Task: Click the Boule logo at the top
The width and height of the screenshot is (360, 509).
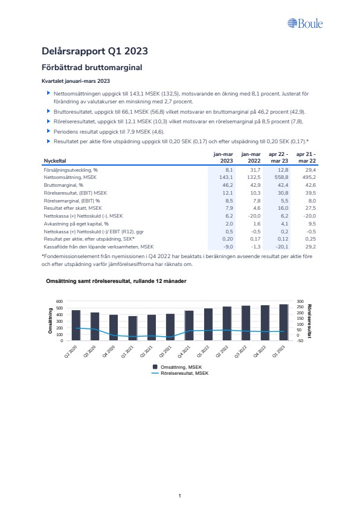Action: click(x=305, y=24)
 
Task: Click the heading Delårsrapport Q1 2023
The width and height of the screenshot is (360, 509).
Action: click(x=95, y=51)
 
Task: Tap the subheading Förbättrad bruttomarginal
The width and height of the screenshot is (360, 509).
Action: click(x=92, y=68)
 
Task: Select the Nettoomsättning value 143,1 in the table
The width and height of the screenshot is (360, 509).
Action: click(x=226, y=177)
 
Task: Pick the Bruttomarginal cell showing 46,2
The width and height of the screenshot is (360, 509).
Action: click(x=227, y=185)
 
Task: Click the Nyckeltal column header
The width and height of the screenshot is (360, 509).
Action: click(x=55, y=161)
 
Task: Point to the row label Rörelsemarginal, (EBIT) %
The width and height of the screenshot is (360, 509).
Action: click(x=72, y=201)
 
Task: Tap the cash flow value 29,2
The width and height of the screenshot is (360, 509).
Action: click(x=310, y=247)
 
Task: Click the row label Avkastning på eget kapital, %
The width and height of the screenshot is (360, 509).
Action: click(x=76, y=224)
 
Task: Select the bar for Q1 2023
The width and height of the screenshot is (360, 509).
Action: click(x=283, y=322)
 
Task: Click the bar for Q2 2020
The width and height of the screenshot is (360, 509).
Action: click(x=76, y=326)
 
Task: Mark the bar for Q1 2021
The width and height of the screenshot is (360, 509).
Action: click(x=133, y=328)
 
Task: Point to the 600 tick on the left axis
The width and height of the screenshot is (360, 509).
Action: click(x=60, y=302)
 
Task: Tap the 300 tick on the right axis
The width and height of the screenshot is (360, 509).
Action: click(x=300, y=302)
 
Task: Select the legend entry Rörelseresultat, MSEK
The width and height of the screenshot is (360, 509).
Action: click(x=181, y=374)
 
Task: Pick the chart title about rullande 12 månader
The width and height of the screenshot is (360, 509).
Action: click(x=116, y=281)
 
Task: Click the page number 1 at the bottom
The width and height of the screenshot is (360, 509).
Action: click(x=179, y=496)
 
